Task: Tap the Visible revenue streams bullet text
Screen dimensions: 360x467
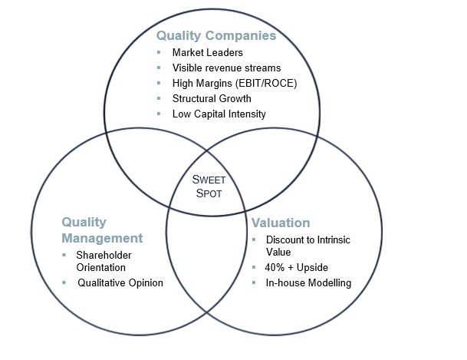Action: coord(226,68)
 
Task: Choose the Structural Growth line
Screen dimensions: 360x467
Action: coord(212,98)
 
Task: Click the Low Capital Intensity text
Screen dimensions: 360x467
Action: coord(219,114)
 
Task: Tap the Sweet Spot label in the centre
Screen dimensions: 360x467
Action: coord(206,187)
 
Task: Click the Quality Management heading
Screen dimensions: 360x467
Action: coord(103,230)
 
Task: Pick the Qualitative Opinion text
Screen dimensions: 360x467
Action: coord(120,282)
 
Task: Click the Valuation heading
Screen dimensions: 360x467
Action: coord(281,223)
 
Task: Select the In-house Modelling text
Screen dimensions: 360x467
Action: coord(309,282)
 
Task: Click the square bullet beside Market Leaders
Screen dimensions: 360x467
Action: coord(158,53)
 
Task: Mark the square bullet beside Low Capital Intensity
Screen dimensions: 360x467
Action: coord(158,114)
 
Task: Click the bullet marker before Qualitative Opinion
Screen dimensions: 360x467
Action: coord(65,282)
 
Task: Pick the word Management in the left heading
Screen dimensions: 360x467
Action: coord(103,237)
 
